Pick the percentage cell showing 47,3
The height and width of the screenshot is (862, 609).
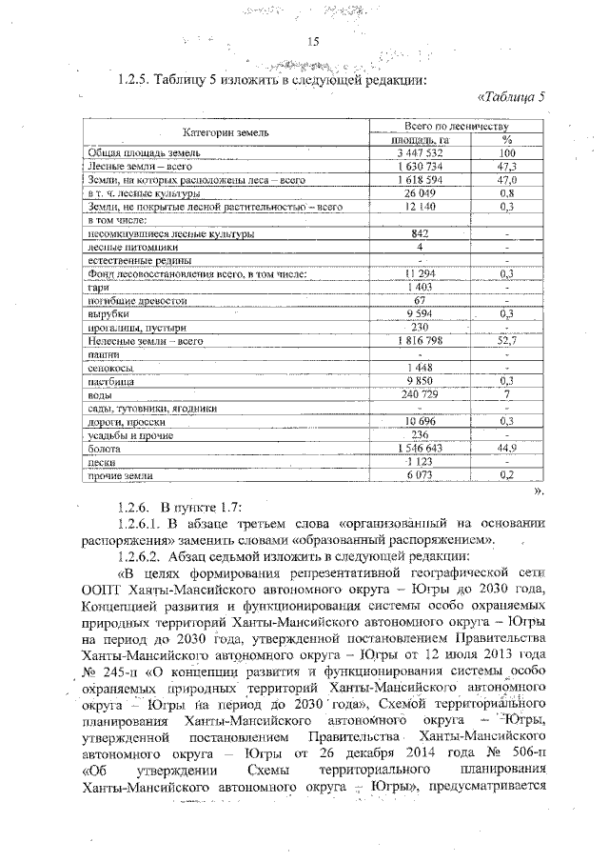click(506, 166)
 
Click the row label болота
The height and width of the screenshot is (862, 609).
click(104, 447)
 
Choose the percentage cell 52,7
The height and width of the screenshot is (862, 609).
click(506, 340)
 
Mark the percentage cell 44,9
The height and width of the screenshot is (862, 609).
click(506, 447)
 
